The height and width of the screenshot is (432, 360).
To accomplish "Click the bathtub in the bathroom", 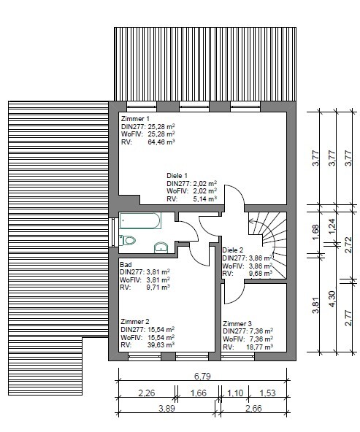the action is pyautogui.click(x=140, y=220).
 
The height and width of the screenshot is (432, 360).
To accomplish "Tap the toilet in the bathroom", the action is pyautogui.click(x=127, y=240).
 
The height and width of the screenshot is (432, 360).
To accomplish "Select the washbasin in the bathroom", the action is pyautogui.click(x=161, y=247).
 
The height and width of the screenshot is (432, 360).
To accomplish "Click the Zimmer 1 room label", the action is pyautogui.click(x=135, y=119).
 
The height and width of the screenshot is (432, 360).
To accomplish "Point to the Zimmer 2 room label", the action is pyautogui.click(x=135, y=322).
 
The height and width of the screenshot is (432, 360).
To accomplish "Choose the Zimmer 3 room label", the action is pyautogui.click(x=237, y=323).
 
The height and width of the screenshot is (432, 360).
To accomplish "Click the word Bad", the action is pyautogui.click(x=126, y=265).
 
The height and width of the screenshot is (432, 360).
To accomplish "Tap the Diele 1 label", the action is pyautogui.click(x=177, y=176).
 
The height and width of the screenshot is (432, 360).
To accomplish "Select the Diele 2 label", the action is pyautogui.click(x=233, y=250).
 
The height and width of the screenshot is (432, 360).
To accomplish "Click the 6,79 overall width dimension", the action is pyautogui.click(x=202, y=376).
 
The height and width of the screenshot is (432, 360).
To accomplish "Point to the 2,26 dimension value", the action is pyautogui.click(x=146, y=393).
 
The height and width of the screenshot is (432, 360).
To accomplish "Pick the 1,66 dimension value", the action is pyautogui.click(x=198, y=393).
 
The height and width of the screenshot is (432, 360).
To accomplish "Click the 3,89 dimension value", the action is pyautogui.click(x=166, y=408).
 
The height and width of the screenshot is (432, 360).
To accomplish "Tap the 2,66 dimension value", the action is pyautogui.click(x=253, y=408).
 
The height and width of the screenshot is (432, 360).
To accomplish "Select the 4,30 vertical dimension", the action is pyautogui.click(x=332, y=298).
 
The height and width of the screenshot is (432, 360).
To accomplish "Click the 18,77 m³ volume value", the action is pyautogui.click(x=259, y=347).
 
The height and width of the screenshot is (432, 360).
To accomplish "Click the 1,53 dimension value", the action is pyautogui.click(x=267, y=393).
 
